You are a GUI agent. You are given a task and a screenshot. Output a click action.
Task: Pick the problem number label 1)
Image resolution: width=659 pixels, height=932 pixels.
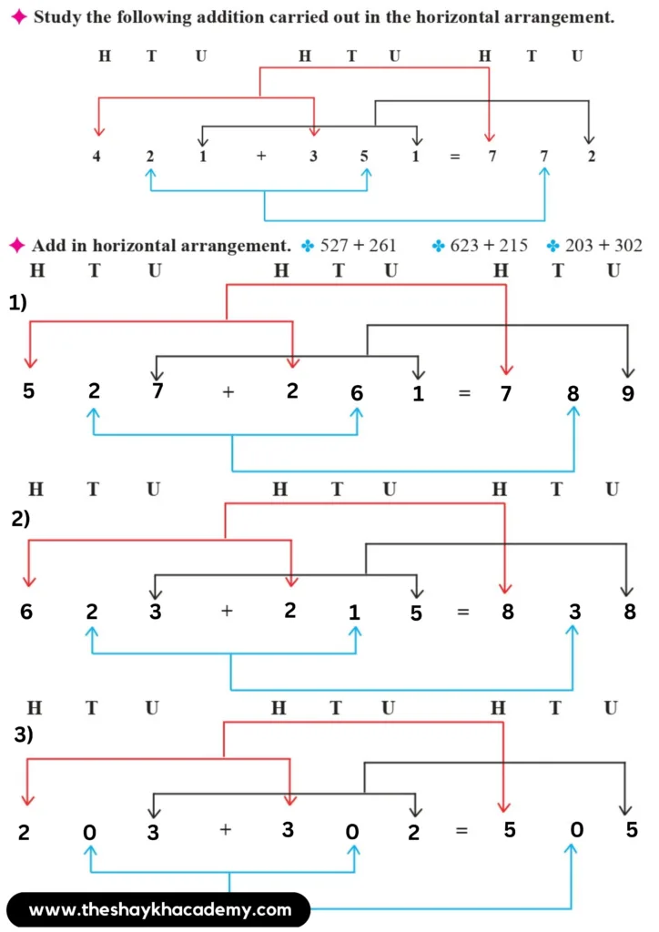(19, 304)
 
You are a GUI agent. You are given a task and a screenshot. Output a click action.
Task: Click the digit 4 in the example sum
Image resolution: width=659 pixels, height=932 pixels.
(97, 155)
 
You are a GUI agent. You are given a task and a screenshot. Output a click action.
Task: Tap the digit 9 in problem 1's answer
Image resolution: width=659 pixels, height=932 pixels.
(628, 394)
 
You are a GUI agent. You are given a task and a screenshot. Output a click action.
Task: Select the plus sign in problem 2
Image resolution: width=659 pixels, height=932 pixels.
(228, 611)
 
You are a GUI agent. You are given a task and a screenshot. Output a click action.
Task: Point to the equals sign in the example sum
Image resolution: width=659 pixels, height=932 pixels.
(455, 156)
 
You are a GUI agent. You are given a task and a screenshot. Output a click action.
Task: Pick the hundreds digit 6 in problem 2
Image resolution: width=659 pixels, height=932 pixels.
(26, 612)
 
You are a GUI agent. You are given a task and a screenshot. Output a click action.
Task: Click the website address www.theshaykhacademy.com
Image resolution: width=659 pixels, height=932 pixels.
(160, 909)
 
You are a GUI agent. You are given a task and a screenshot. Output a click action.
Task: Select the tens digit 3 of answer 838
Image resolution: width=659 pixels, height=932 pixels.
(575, 611)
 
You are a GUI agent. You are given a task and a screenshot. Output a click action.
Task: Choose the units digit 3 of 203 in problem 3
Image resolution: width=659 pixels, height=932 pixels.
(153, 833)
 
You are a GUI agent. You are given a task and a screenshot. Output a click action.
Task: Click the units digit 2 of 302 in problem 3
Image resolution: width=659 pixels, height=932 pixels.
(415, 832)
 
